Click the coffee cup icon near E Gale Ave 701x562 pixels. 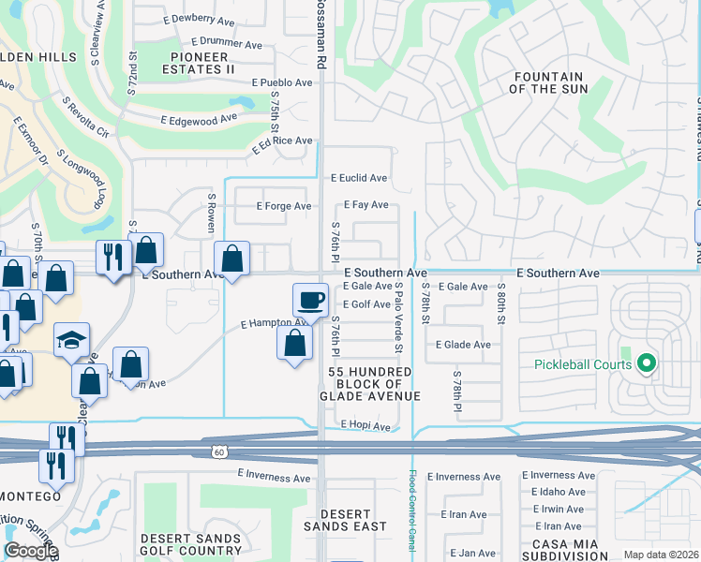click(311, 301)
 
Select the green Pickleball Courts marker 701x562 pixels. click(645, 363)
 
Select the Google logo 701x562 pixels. click(31, 551)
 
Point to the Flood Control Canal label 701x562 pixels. click(412, 510)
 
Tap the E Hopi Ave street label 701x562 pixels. click(365, 426)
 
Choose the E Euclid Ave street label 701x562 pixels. click(359, 178)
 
